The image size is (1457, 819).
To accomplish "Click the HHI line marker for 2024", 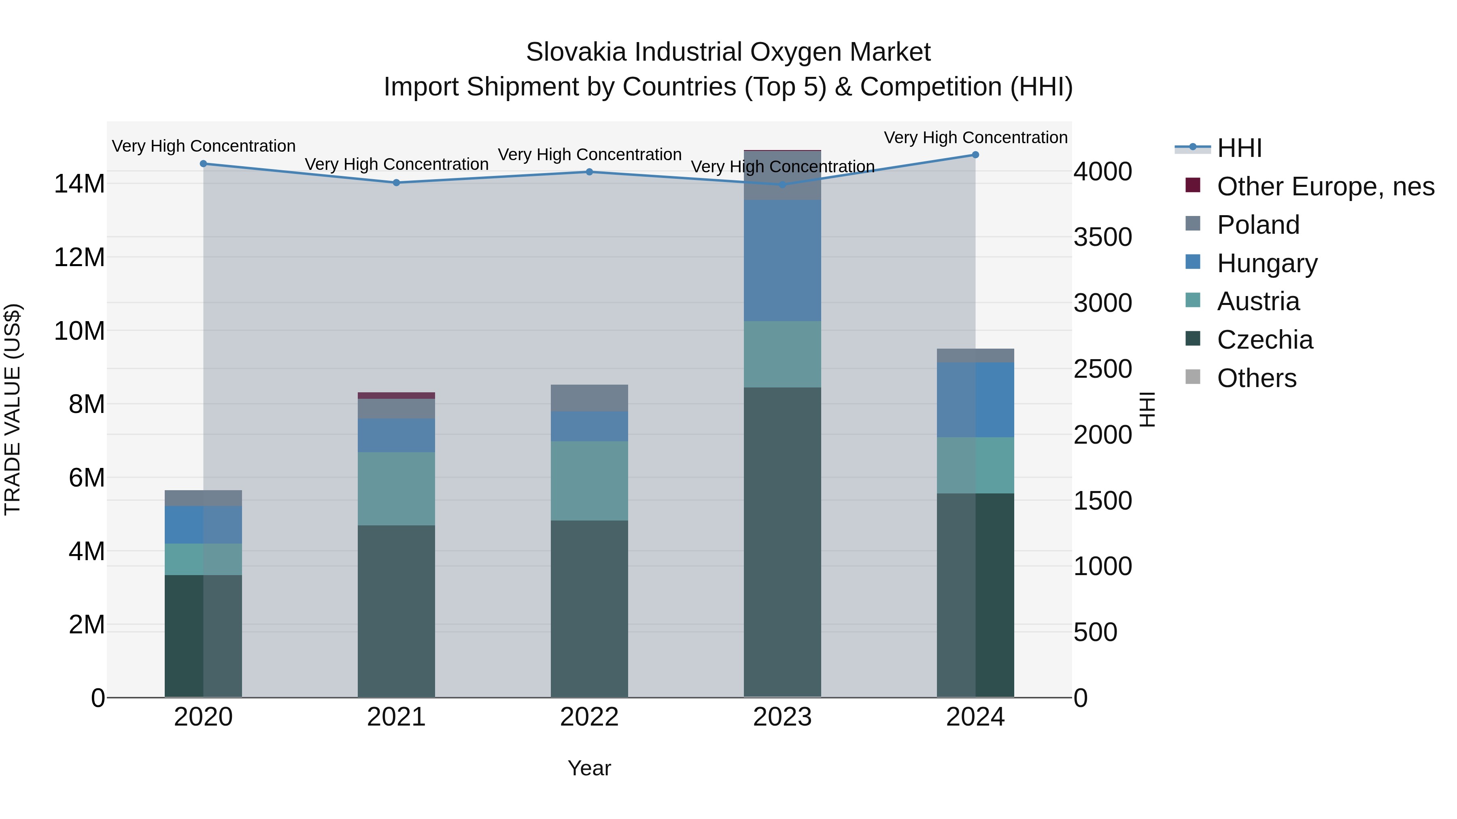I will (975, 155).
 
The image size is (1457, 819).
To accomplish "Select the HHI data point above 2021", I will (397, 182).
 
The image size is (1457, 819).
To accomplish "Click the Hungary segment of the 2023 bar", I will (782, 260).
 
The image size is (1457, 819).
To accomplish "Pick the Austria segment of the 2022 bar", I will (589, 480).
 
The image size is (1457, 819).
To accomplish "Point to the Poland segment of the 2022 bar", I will (589, 398).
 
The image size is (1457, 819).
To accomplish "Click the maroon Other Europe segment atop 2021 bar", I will (397, 396).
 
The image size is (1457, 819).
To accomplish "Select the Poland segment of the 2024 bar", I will (975, 356).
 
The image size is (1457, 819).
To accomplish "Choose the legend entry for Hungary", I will (1266, 263).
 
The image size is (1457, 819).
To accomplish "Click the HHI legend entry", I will (1239, 148).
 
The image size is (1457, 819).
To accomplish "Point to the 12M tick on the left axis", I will (79, 257).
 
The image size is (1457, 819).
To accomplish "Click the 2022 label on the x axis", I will (589, 717).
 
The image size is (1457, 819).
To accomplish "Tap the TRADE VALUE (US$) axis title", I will (13, 409).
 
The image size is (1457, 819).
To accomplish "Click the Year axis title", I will (589, 768).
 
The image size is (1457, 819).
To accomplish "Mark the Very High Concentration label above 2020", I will (204, 146).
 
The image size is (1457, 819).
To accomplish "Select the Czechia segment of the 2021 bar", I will (397, 610).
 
